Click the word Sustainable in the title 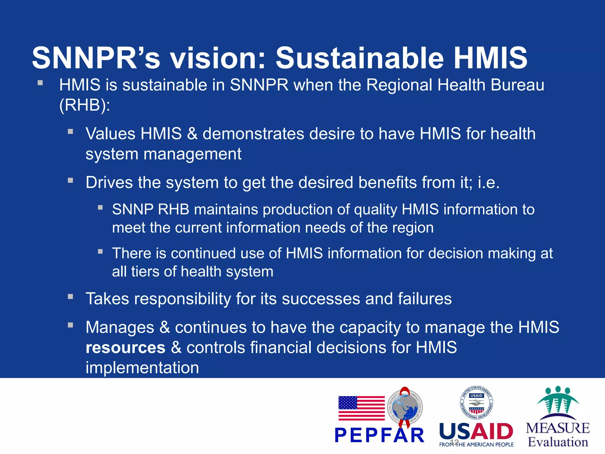pos(359,58)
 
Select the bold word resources pos(125,348)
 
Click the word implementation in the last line pos(142,368)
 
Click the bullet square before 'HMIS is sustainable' pos(40,83)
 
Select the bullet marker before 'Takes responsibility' pos(70,297)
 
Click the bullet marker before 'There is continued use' pos(100,252)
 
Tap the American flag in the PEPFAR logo pos(361,408)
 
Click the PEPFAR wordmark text pos(379,435)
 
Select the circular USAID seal pos(476,403)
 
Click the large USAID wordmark pos(476,432)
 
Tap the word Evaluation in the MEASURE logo pos(558,442)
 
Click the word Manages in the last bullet pos(120,327)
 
